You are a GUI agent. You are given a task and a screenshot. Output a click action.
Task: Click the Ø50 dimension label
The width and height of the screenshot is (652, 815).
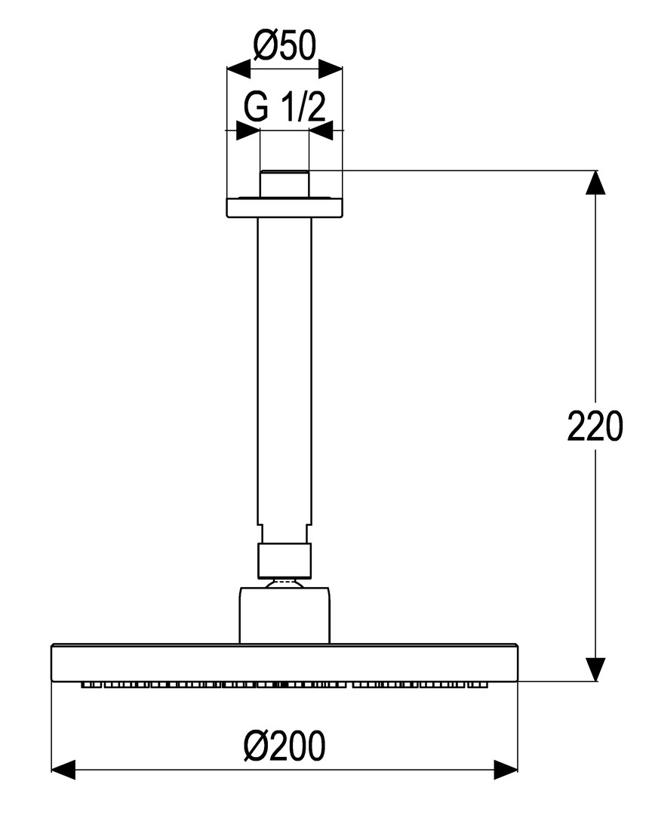click(284, 46)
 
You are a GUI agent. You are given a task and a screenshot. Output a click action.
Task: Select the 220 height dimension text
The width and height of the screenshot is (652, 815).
click(595, 426)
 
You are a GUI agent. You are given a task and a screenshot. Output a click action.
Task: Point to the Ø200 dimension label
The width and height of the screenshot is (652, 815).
click(284, 746)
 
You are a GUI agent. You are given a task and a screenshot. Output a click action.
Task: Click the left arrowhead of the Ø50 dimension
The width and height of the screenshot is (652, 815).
click(238, 68)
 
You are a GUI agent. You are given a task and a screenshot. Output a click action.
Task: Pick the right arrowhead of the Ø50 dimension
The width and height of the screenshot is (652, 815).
click(331, 68)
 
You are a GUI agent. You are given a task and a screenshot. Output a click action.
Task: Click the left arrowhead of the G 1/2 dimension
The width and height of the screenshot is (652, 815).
click(248, 131)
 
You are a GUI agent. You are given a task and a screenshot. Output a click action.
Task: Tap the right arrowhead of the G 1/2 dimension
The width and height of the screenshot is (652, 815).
click(321, 131)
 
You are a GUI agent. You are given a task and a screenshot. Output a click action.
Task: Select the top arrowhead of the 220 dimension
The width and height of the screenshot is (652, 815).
click(595, 182)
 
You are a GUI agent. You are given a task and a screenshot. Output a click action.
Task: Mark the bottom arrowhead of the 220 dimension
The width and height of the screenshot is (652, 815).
click(595, 669)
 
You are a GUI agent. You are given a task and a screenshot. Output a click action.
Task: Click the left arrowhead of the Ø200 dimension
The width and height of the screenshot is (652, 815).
click(63, 770)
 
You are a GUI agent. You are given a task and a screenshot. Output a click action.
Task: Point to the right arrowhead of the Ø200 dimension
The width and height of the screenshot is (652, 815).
click(506, 770)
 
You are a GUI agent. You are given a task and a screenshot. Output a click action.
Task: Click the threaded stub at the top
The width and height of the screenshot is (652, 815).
click(284, 183)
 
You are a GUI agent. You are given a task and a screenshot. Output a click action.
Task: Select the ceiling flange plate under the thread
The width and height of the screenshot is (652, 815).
click(285, 207)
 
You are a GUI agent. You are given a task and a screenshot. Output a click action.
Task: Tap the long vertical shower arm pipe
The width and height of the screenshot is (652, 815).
click(284, 370)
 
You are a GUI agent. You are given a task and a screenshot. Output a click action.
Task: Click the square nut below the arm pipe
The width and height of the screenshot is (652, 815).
click(284, 561)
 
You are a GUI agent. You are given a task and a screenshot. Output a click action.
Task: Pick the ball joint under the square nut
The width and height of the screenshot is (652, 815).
click(284, 583)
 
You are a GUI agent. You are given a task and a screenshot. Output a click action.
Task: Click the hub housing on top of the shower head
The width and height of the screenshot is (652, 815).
click(284, 616)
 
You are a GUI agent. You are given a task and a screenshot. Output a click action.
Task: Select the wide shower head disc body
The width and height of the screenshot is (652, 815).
click(285, 663)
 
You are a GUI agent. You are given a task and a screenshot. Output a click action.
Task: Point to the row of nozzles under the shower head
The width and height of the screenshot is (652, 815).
click(285, 685)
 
